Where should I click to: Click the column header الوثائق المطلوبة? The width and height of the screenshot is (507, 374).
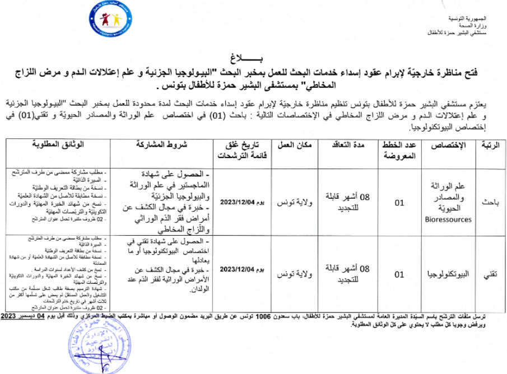click(59, 144)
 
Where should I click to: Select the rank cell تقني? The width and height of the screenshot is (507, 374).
click(488, 274)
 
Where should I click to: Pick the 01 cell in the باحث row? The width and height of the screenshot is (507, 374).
click(399, 203)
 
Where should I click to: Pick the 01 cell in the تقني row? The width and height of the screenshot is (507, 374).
click(399, 274)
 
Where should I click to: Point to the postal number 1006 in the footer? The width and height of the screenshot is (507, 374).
click(263, 317)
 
